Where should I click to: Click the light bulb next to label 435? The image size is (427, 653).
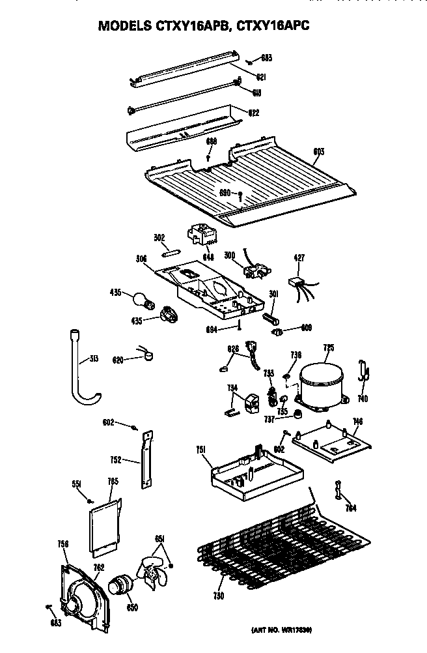click(x=141, y=300)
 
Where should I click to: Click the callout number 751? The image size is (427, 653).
click(x=202, y=450)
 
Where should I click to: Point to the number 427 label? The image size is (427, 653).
click(x=299, y=259)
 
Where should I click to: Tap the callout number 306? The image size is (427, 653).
click(x=141, y=259)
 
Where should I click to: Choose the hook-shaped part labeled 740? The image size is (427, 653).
click(x=364, y=374)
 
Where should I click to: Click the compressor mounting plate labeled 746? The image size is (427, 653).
click(x=332, y=443)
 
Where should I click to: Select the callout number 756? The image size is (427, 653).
click(x=63, y=544)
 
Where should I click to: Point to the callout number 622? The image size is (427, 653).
click(x=253, y=112)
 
